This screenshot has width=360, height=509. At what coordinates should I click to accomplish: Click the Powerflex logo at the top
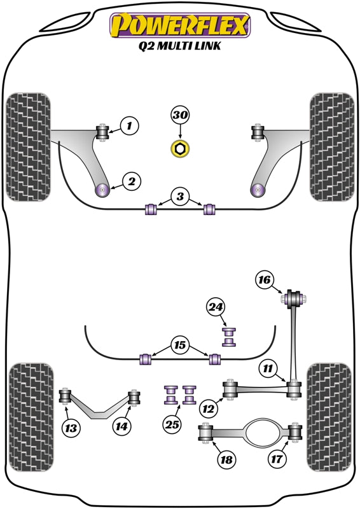[181, 26]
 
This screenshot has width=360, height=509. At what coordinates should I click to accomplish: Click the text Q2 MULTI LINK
[181, 47]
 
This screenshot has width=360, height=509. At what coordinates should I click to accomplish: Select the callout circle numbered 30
[180, 115]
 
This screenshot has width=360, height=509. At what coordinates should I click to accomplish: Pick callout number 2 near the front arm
[131, 182]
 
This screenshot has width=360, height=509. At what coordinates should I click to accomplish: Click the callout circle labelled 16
[265, 279]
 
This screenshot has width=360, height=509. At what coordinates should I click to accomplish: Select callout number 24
[216, 307]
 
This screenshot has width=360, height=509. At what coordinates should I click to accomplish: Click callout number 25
[172, 424]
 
